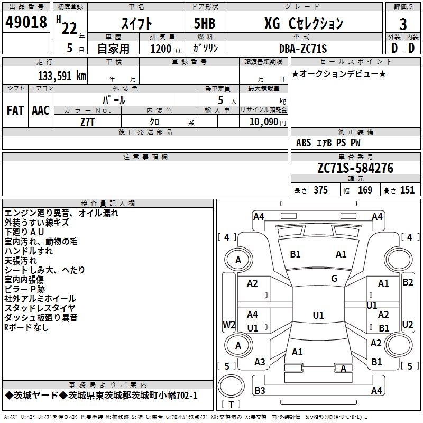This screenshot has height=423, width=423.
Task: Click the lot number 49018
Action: [26, 22]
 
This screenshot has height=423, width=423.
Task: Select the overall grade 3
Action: [403, 24]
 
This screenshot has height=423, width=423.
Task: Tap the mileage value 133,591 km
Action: [62, 76]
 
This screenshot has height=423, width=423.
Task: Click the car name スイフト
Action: [137, 24]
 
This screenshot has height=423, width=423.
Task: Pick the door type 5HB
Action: [205, 23]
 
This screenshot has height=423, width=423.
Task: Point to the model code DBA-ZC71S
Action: [303, 49]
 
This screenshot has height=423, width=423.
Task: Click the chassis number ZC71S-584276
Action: [355, 168]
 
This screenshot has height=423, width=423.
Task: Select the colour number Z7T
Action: [87, 122]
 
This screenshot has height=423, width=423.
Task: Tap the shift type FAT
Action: [15, 111]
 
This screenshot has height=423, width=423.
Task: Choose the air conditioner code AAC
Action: [41, 111]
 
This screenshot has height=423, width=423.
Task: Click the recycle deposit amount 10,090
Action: [264, 122]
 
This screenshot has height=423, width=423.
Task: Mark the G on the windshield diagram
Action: [334, 279]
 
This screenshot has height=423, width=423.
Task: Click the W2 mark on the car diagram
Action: [229, 324]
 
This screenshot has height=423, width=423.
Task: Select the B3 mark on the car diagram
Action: [260, 390]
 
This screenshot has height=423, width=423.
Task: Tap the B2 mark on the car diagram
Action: [408, 282]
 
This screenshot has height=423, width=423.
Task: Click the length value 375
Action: [320, 190]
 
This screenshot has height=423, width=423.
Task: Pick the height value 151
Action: [407, 190]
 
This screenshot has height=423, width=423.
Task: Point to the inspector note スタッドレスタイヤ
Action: [40, 308]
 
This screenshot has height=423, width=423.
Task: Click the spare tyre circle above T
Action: [231, 386]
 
